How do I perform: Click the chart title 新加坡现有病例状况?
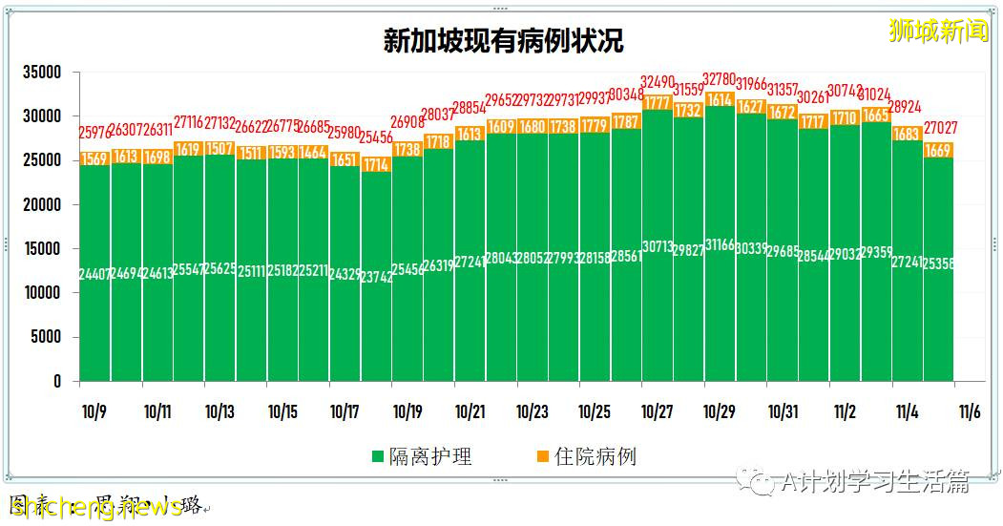[x=502, y=41]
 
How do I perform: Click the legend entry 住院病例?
[x=594, y=456]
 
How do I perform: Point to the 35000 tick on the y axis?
[x=42, y=73]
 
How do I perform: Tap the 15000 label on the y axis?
[x=42, y=249]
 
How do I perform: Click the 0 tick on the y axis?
[x=56, y=382]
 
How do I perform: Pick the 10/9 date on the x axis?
[x=94, y=412]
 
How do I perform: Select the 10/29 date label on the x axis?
[x=719, y=412]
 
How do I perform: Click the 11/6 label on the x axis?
[x=970, y=412]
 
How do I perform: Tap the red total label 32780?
[x=720, y=78]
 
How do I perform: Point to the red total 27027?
[x=939, y=128]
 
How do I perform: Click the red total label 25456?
[x=376, y=137]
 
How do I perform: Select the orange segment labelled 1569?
[x=94, y=159]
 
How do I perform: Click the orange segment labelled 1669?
[x=939, y=150]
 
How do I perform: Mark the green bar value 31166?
[x=720, y=245]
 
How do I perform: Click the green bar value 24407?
[x=94, y=274]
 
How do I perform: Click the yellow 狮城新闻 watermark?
[x=939, y=31]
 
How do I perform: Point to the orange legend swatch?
[x=541, y=457]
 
